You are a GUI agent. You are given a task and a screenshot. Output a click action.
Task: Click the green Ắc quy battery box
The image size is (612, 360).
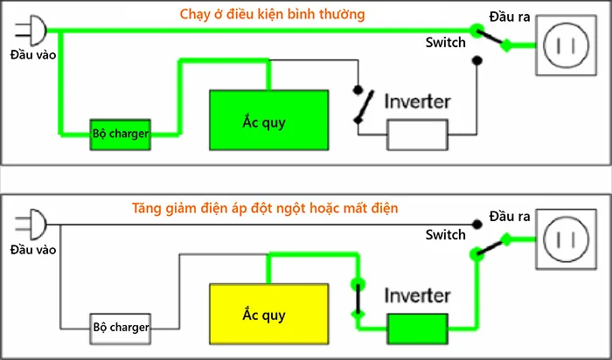268,121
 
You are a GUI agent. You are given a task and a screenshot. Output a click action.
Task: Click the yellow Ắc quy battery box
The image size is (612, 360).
268,312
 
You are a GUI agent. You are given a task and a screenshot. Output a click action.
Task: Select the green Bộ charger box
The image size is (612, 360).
120,134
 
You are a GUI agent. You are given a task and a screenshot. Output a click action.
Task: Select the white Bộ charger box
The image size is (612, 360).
120,328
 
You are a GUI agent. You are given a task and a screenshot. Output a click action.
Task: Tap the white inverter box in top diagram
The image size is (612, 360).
417,135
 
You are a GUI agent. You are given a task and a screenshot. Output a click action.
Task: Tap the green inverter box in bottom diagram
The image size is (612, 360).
417,329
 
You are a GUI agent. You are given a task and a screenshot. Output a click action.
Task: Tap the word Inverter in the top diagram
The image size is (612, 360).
417,101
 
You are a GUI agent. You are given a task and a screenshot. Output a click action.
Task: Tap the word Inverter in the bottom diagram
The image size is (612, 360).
417,295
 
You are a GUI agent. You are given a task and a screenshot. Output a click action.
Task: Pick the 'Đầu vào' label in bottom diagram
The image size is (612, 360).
33,249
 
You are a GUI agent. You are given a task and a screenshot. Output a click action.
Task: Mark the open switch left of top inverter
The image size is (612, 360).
359,105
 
